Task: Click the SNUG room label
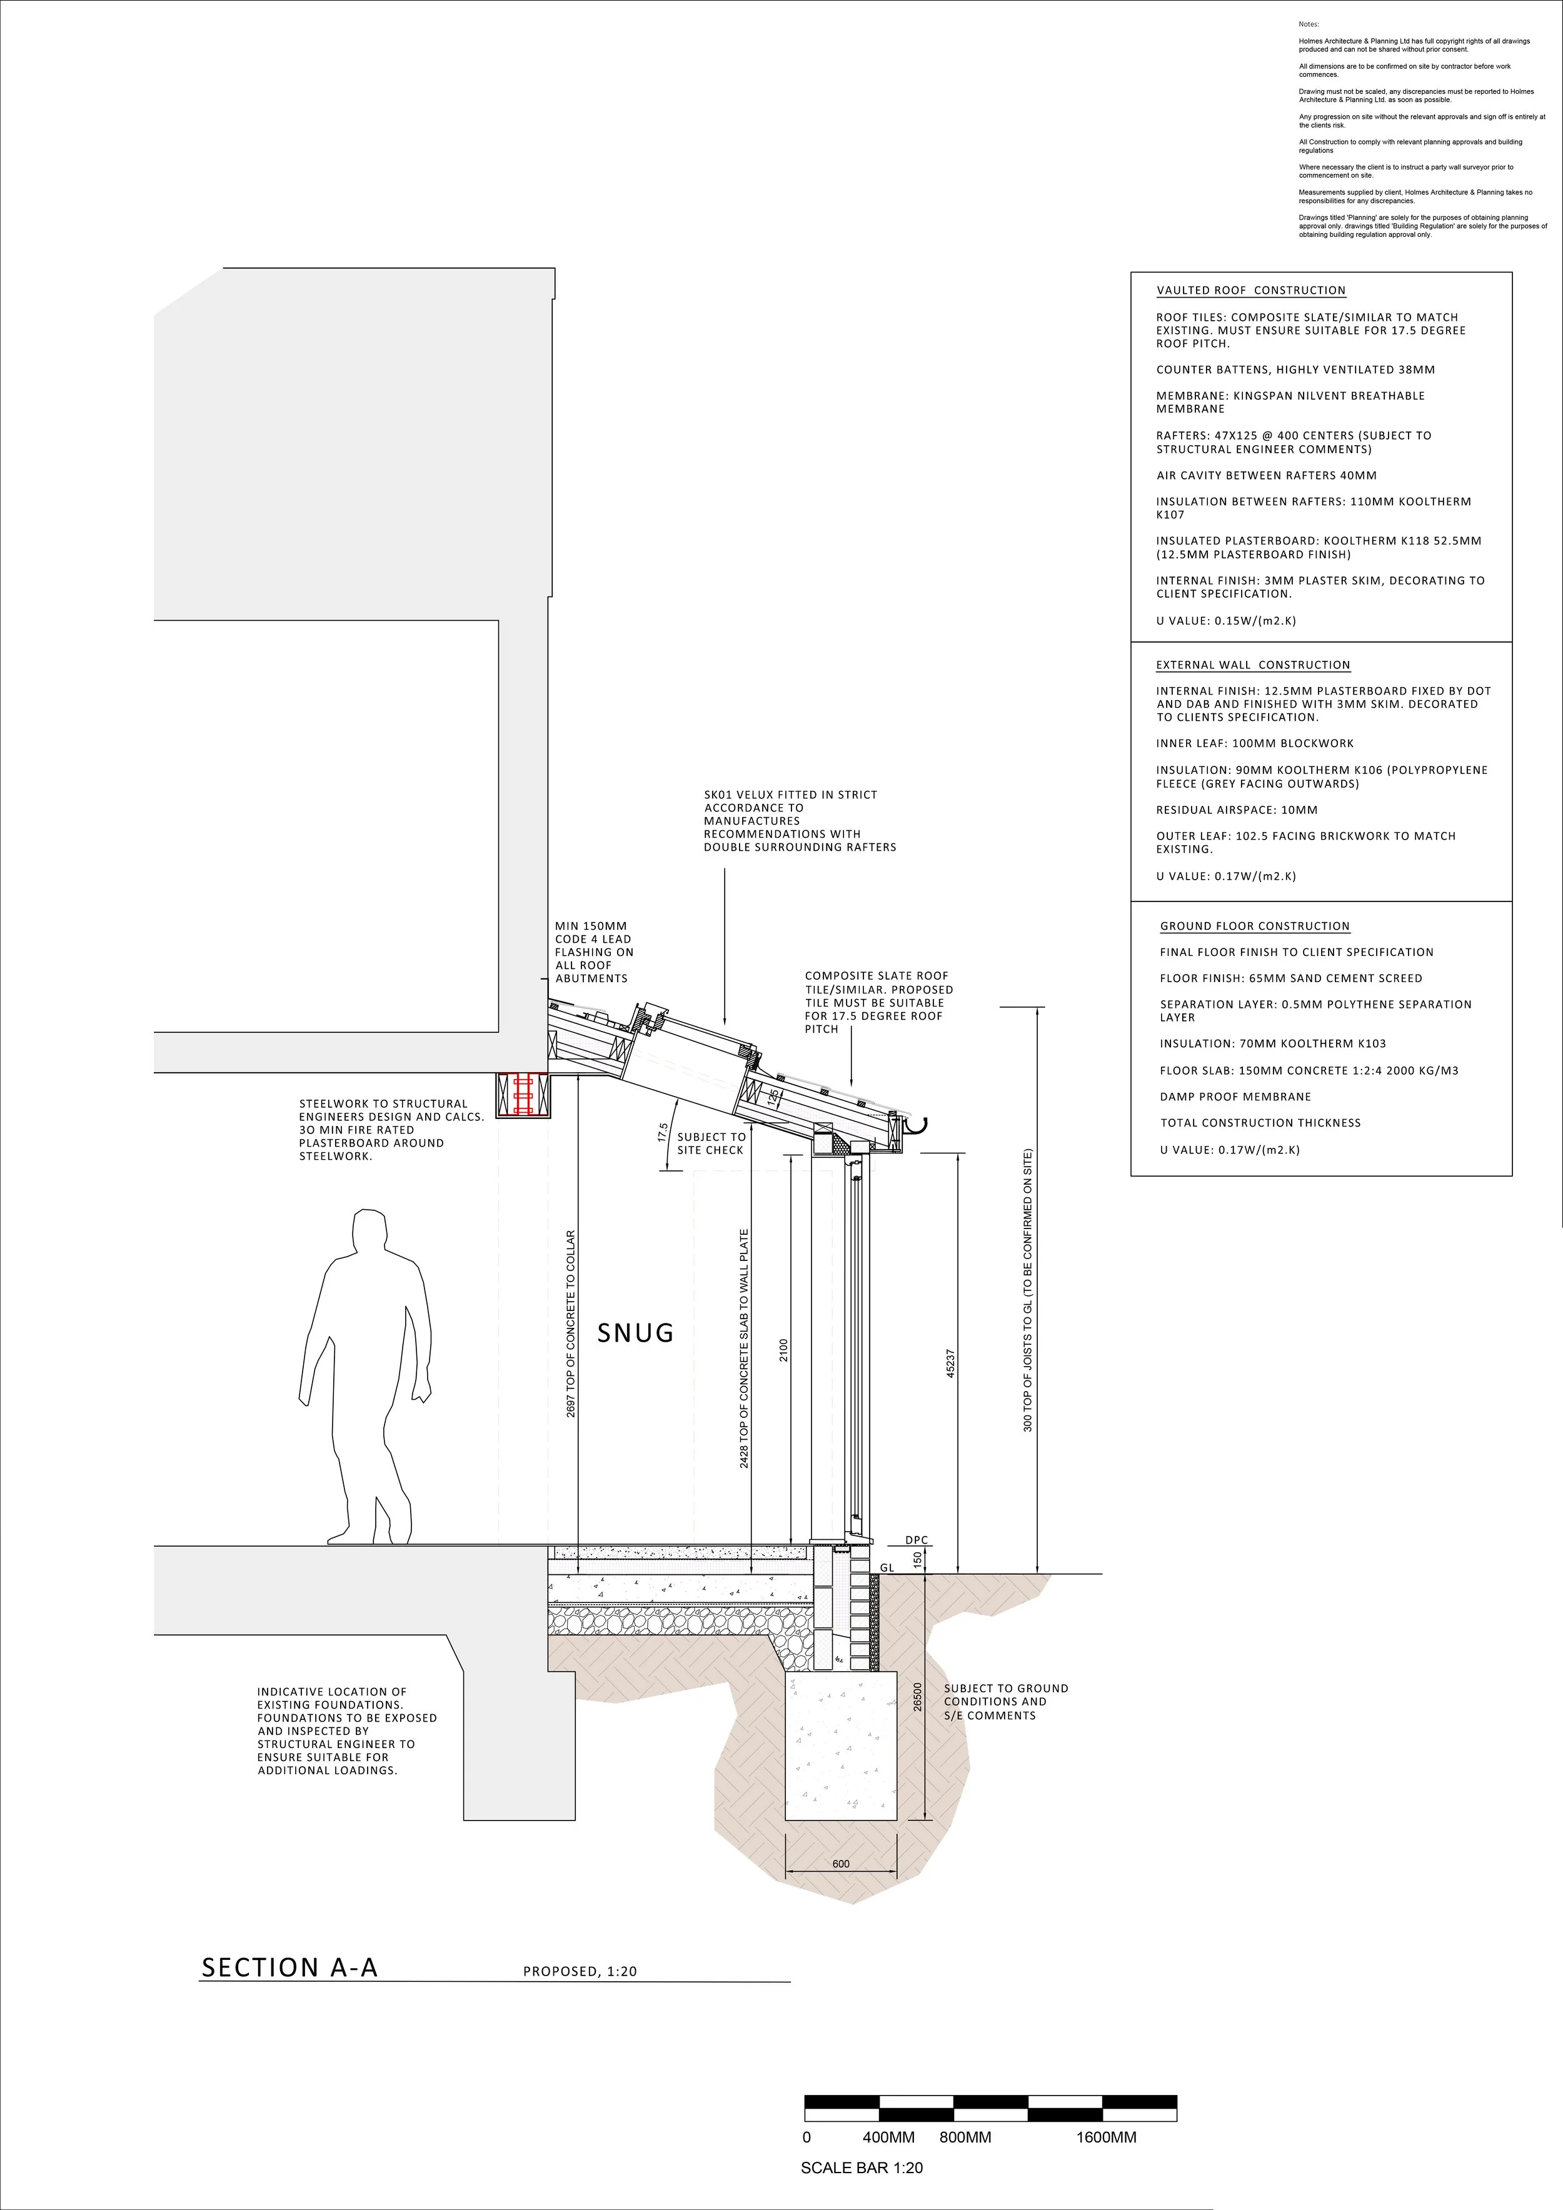(635, 1333)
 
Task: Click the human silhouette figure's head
(367, 1235)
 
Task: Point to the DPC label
(917, 1540)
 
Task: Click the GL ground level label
(887, 1568)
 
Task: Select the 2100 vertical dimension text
(785, 1350)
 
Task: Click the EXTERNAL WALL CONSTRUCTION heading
(1252, 665)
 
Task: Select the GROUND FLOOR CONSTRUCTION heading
(1254, 926)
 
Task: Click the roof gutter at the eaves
(917, 1123)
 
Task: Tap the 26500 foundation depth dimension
(917, 1697)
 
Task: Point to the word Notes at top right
(1309, 24)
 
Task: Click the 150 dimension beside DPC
(917, 1559)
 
